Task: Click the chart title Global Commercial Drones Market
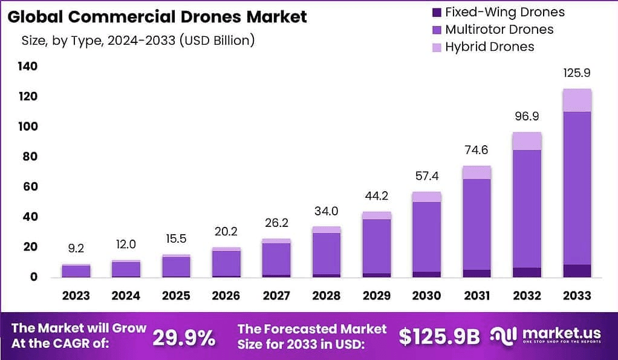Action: (157, 16)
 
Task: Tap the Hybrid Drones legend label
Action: (490, 47)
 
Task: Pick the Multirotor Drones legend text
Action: (499, 29)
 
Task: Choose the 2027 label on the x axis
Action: (276, 296)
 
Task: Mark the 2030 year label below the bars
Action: (426, 296)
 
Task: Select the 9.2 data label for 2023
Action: (76, 248)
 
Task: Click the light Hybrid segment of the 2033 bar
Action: (576, 100)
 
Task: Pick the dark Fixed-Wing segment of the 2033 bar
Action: (576, 270)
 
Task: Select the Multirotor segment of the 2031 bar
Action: (477, 224)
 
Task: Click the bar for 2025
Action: (176, 266)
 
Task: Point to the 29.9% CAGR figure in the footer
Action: (183, 338)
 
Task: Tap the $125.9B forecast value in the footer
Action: (438, 338)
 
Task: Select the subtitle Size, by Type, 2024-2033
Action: (138, 41)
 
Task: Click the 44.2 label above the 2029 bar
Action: (376, 197)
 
